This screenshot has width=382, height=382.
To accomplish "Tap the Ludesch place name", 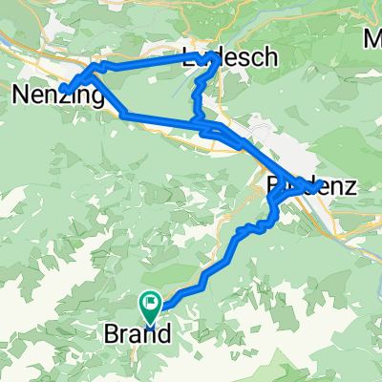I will tap(230, 57).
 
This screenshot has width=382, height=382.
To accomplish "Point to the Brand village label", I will tap(138, 335).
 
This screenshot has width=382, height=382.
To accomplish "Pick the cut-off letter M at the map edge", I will tap(372, 39).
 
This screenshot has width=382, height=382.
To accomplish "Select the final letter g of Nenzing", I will tap(96, 96).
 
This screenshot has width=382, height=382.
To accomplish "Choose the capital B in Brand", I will tap(110, 335).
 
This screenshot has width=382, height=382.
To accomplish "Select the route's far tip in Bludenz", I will tap(312, 185).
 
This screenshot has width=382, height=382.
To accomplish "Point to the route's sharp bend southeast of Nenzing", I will tap(125, 115).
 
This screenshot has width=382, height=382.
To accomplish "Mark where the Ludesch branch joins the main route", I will tap(198, 122).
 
